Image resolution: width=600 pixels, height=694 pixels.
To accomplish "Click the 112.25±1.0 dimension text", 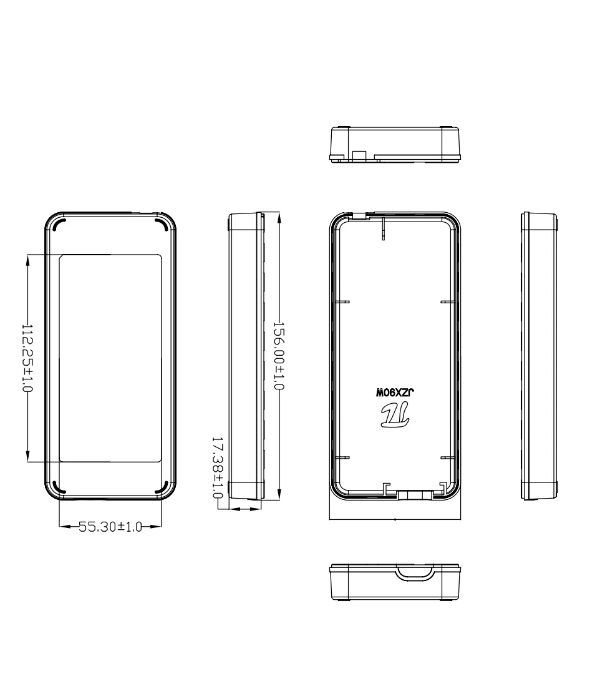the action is tap(27, 358).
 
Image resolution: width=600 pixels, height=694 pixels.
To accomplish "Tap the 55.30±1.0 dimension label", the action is tap(110, 527).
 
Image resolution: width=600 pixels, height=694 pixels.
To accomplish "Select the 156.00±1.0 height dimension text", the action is tap(278, 355).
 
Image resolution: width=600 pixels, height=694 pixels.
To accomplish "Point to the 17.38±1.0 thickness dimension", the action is tap(217, 467).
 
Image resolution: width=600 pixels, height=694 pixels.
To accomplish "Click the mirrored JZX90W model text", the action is tap(395, 393).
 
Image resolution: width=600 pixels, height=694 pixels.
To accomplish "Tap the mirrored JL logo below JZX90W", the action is tap(395, 416).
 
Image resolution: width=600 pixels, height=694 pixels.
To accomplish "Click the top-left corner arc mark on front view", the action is tap(59, 225).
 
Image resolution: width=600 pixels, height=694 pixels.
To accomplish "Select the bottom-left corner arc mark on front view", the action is tap(59, 487).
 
